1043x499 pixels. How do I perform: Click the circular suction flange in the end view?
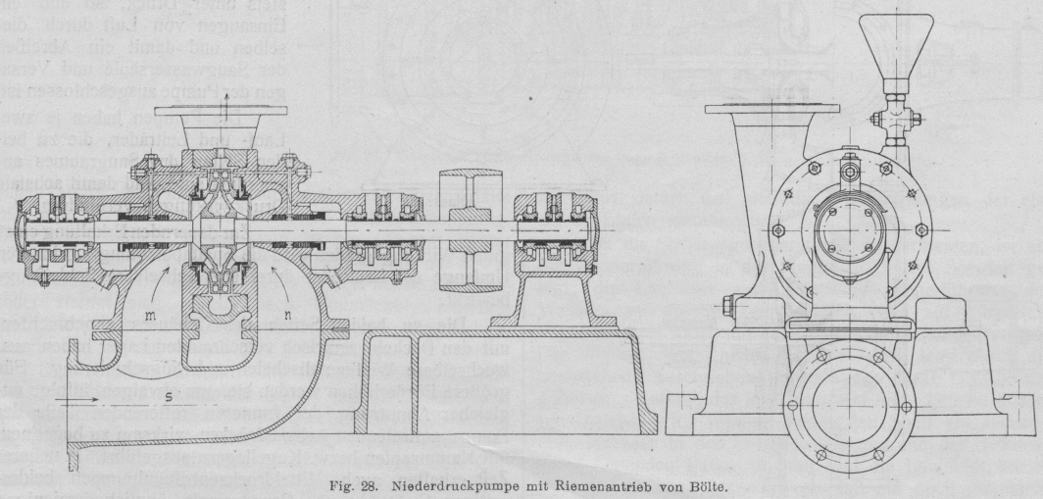pyautogui.click(x=849, y=392)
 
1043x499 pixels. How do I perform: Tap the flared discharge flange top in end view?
pyautogui.click(x=758, y=109)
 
